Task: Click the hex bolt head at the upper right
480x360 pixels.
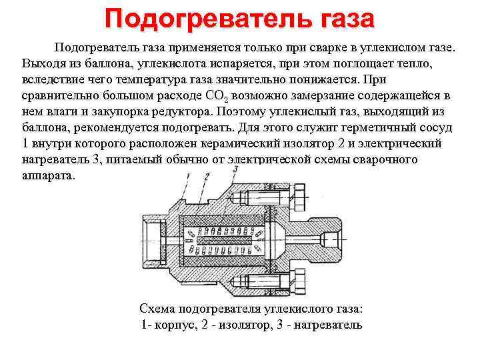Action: tap(299, 196)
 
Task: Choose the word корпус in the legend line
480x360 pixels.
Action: tap(177, 325)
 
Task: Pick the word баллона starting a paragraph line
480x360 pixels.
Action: tap(44, 127)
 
